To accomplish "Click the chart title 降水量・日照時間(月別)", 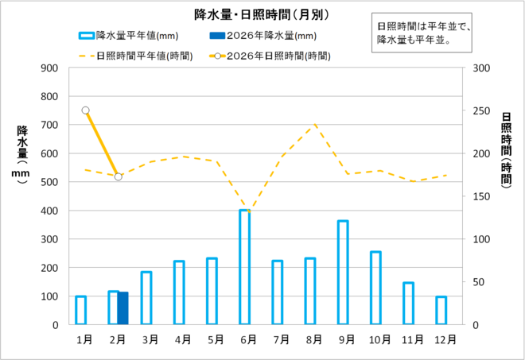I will click(262, 14).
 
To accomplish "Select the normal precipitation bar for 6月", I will click(245, 267).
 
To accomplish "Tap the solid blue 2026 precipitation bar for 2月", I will click(122, 308).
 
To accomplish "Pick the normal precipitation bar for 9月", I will click(343, 273).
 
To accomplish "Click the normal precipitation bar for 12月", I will click(441, 311).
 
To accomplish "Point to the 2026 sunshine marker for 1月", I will click(85, 110).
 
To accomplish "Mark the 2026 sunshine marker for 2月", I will click(119, 176).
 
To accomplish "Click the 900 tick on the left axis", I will click(49, 68).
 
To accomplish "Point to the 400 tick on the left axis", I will click(49, 211).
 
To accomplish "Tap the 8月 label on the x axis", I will click(314, 339).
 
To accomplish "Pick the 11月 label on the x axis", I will click(413, 339).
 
